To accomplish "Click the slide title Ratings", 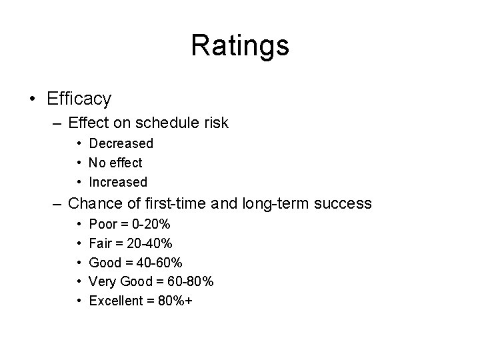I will click(240, 46).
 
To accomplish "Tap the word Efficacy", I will click(79, 99).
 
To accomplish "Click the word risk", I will click(215, 123).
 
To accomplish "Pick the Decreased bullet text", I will click(121, 143).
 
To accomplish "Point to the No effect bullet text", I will click(115, 163).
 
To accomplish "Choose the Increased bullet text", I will click(118, 182).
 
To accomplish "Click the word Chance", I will click(91, 203).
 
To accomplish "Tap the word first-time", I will click(167, 203).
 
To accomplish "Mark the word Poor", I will click(102, 224).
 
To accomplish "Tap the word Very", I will click(102, 282).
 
